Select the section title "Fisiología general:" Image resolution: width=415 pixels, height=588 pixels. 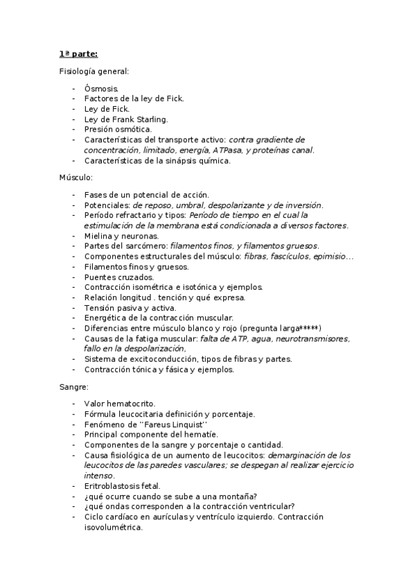pyautogui.click(x=94, y=71)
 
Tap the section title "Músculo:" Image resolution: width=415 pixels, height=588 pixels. pyautogui.click(x=76, y=178)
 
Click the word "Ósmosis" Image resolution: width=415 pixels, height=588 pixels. pyautogui.click(x=101, y=89)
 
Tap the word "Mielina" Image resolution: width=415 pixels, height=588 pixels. pyautogui.click(x=98, y=236)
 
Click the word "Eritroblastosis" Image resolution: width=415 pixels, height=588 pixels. pyautogui.click(x=114, y=486)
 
